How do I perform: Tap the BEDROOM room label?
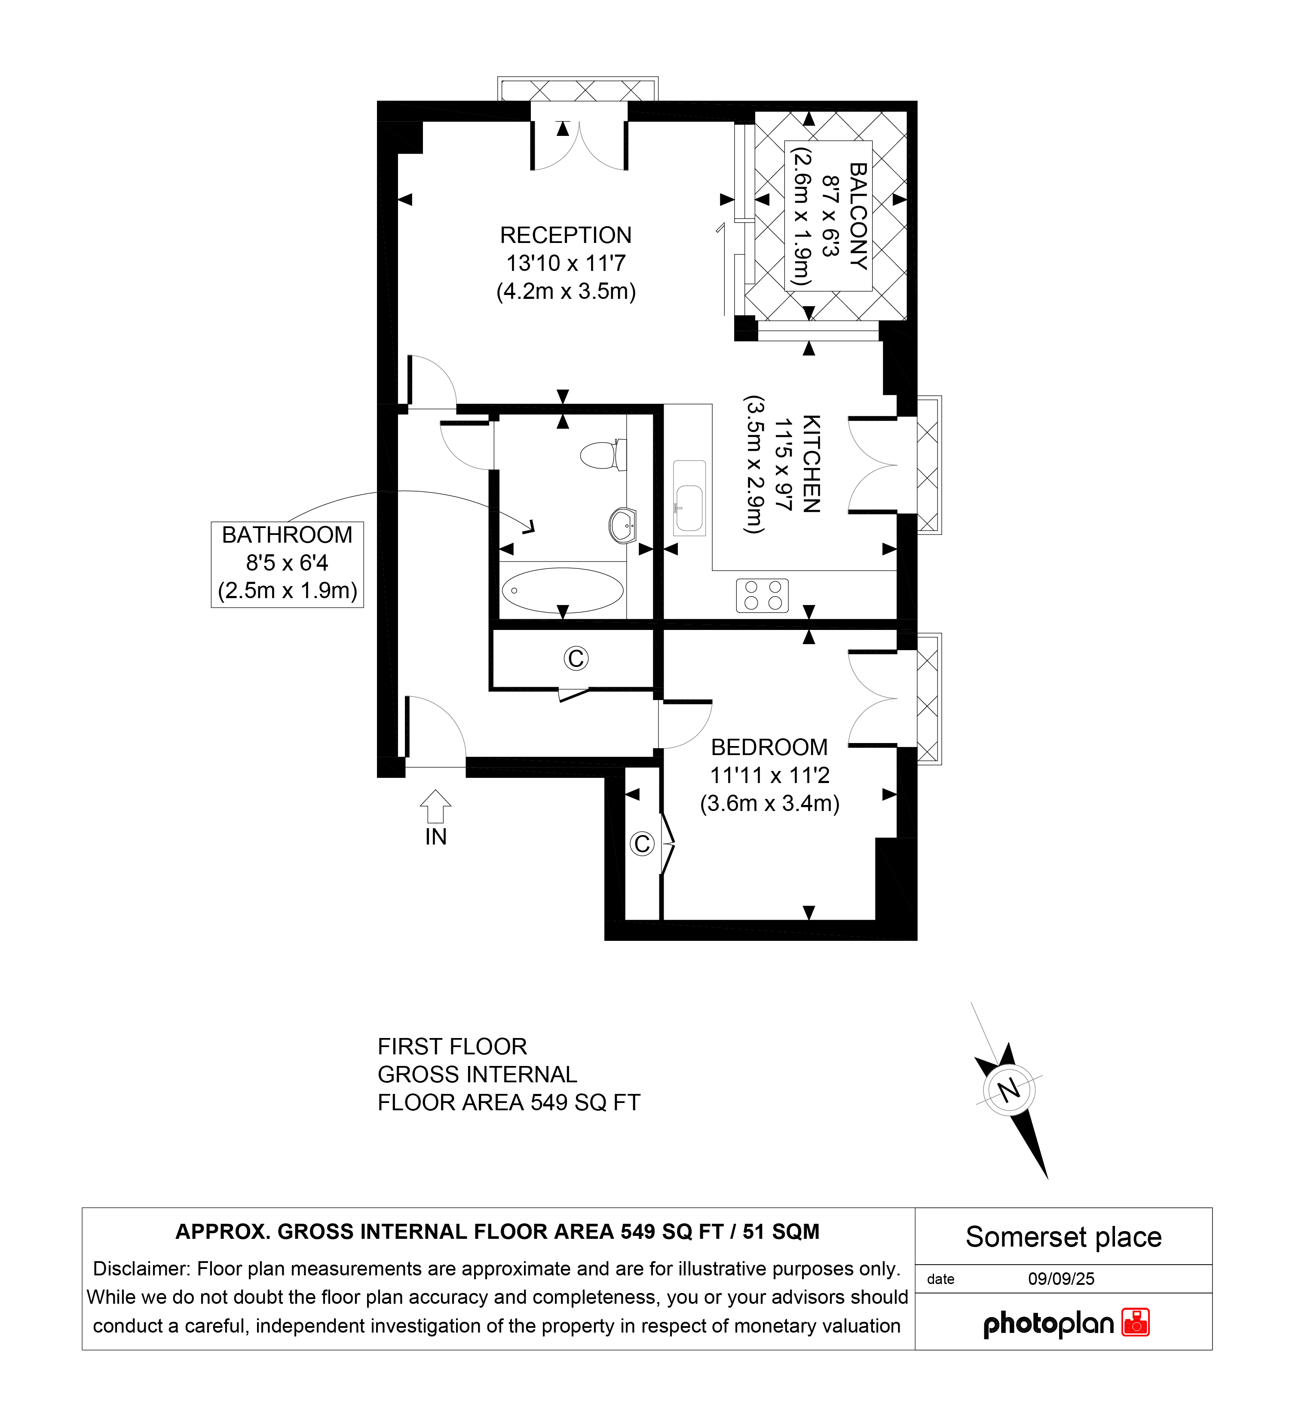(x=769, y=747)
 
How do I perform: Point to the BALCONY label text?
(x=858, y=216)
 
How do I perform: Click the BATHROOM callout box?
(x=287, y=564)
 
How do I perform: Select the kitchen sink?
(x=689, y=498)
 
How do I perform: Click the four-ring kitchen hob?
(x=762, y=596)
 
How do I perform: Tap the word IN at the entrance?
(x=436, y=837)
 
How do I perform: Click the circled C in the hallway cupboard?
(x=576, y=659)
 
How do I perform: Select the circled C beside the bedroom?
(x=642, y=844)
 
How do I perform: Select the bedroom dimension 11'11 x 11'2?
(x=770, y=775)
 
